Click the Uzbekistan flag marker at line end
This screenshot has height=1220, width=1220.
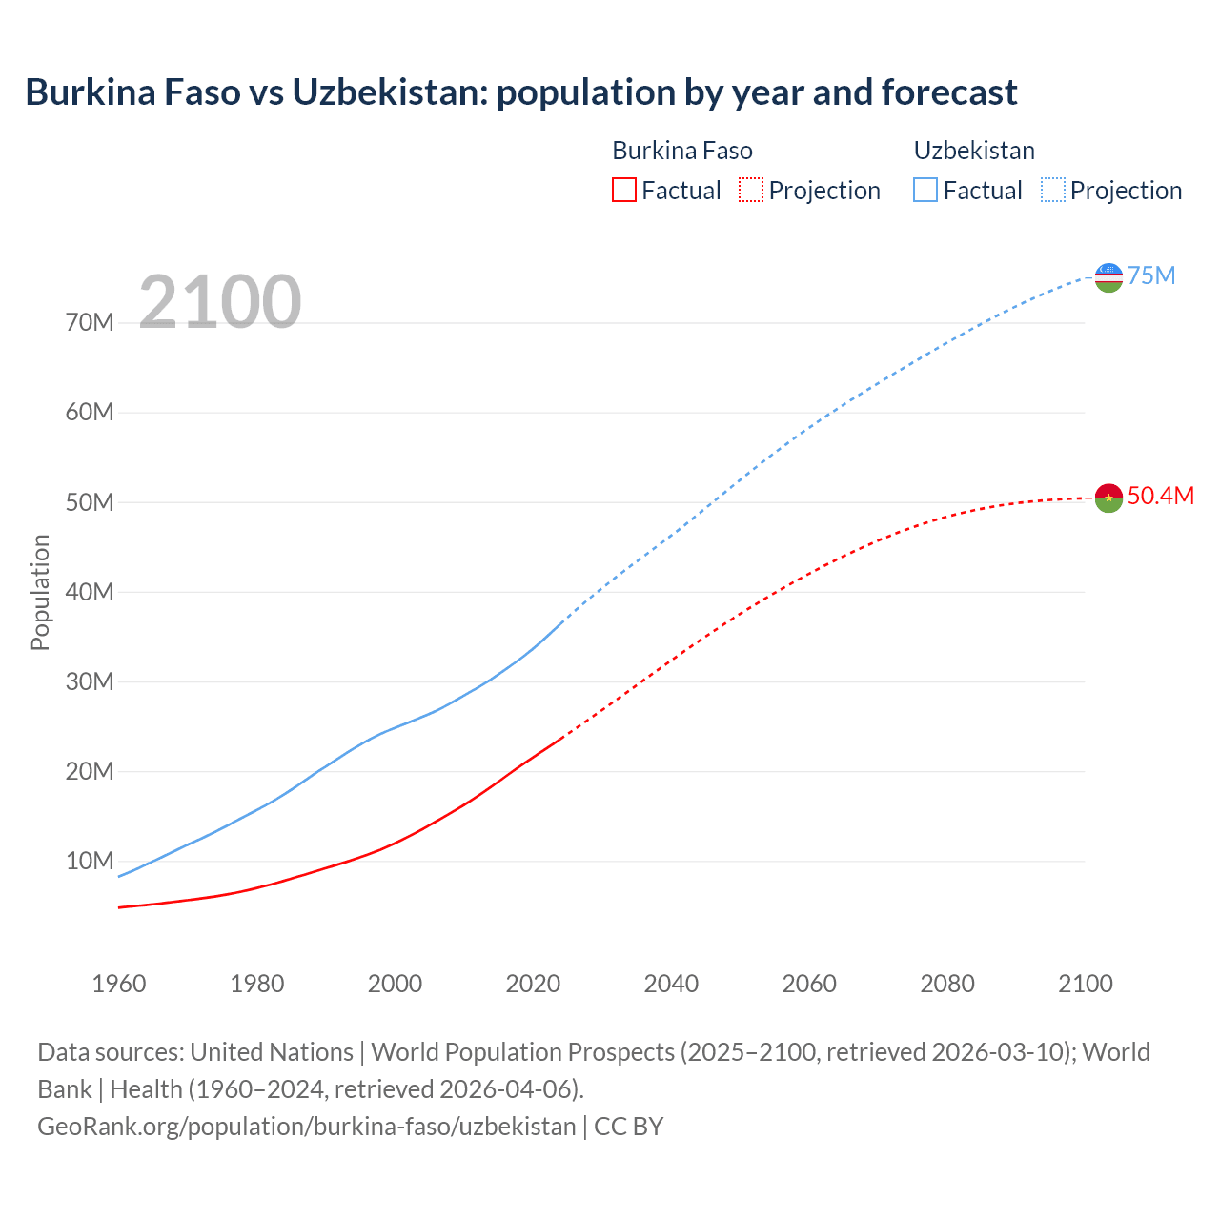(x=1108, y=277)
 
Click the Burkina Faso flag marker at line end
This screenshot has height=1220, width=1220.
(x=1108, y=498)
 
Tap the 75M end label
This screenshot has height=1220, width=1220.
(x=1151, y=276)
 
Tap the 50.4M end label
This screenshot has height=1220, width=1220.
(x=1160, y=496)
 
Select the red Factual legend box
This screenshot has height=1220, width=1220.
(x=623, y=190)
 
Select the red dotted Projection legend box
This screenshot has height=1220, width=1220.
(x=751, y=190)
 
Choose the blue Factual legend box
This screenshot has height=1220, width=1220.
(x=925, y=190)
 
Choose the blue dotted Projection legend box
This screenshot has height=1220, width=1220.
(x=1053, y=190)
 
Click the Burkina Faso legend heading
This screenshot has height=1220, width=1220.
(x=681, y=151)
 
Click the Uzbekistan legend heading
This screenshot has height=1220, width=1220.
(x=974, y=151)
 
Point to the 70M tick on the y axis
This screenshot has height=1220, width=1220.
(x=90, y=323)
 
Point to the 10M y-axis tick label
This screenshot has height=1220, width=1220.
(x=90, y=862)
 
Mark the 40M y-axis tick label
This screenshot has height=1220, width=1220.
(x=90, y=592)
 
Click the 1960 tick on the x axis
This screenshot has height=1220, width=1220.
(x=119, y=984)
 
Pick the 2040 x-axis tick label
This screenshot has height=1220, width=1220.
(x=671, y=984)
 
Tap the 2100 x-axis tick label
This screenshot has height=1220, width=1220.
(x=1085, y=984)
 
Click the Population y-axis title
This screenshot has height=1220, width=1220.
(x=40, y=592)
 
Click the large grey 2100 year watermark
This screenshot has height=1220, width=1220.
(x=220, y=302)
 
